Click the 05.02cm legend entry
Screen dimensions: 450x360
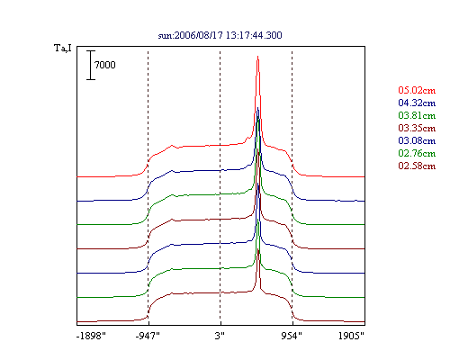pos(417,90)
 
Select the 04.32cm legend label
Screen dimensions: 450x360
pos(417,103)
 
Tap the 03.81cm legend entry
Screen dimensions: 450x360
pos(417,115)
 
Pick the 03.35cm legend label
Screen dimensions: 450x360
pos(417,128)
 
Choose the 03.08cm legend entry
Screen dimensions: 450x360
pos(417,140)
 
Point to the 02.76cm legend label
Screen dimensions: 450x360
pos(417,153)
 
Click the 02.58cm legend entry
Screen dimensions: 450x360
pos(417,166)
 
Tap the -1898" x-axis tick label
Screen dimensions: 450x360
pos(91,336)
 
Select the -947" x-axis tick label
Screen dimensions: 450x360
pos(148,336)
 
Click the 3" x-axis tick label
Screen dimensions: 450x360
pos(220,336)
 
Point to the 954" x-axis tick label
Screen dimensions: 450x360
pos(292,336)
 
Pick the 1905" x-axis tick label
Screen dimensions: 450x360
pos(351,336)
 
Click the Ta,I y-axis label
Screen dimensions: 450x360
pos(63,48)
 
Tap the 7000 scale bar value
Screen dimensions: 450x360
pos(104,65)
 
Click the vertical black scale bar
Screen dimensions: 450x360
pos(91,65)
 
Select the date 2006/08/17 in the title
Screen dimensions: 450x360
pos(199,35)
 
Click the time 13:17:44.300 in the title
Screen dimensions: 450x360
pos(254,35)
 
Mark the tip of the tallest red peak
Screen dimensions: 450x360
pos(257,56)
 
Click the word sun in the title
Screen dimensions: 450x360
pos(165,36)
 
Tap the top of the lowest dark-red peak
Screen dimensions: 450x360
pos(258,249)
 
